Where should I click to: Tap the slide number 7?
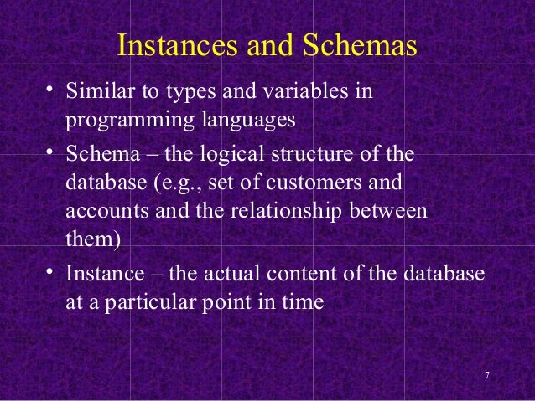click(487, 373)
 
